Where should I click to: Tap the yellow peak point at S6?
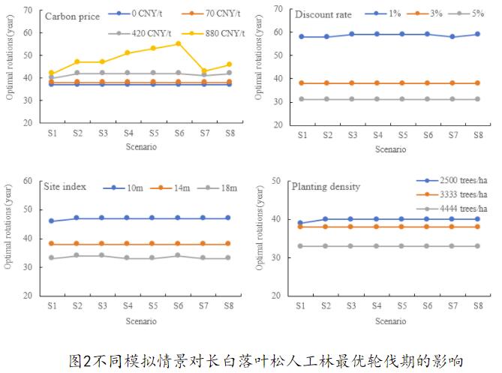(x=179, y=44)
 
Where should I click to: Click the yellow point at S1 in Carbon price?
(x=51, y=73)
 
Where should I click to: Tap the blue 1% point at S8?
(x=476, y=35)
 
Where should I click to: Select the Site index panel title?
(x=68, y=187)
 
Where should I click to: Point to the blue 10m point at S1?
(x=51, y=221)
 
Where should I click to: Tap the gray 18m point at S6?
(x=179, y=255)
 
